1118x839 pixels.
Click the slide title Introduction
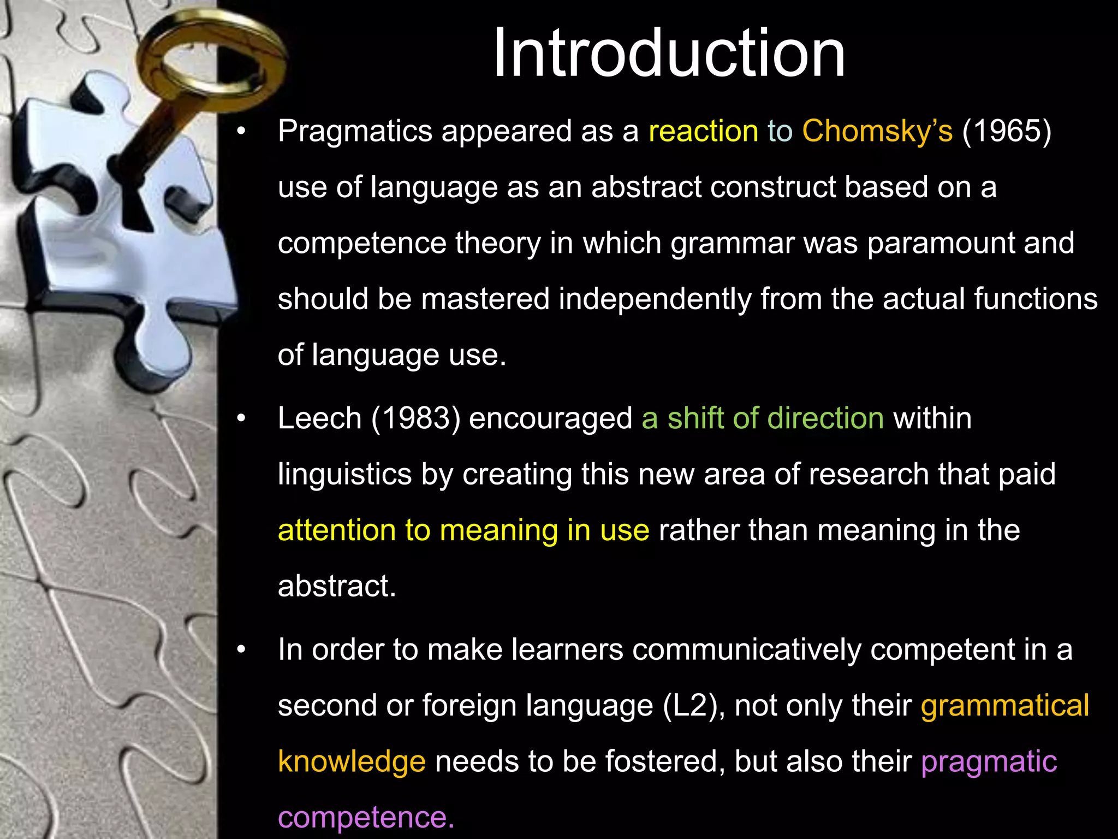[669, 54]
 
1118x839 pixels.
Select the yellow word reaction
[703, 132]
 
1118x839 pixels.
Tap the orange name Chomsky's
[877, 132]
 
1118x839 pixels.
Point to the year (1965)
[1007, 132]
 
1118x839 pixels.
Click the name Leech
[319, 418]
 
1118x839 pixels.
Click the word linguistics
[344, 474]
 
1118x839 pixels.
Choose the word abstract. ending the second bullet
[336, 586]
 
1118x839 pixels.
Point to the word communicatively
[746, 649]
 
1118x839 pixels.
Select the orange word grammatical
[1004, 706]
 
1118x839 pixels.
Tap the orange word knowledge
[352, 761]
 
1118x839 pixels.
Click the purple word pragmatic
[989, 761]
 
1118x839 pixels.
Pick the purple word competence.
[366, 817]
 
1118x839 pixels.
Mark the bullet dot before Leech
[242, 419]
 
